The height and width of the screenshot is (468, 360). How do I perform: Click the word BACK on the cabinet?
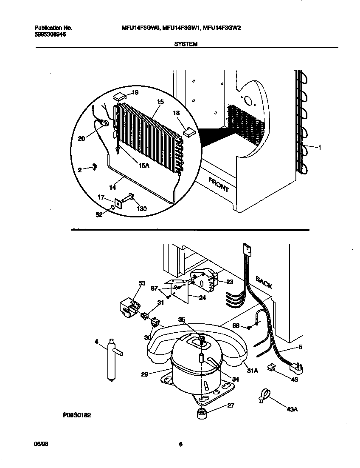coord(264,282)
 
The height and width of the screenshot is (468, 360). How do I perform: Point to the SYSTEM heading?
coord(186,44)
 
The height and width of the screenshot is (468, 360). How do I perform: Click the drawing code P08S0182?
coord(77,414)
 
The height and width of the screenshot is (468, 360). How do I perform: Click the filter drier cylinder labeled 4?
coord(112,359)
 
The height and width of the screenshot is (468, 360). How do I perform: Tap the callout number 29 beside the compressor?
coord(145,374)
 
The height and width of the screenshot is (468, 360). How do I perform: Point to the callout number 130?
coord(142,208)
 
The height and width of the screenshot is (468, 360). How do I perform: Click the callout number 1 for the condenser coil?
coord(319,147)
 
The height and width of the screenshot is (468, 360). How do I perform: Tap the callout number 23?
coord(230,281)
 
